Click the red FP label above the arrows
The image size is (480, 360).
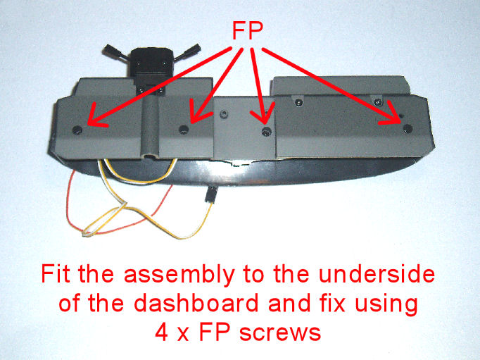pyautogui.click(x=248, y=30)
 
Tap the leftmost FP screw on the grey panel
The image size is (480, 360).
pyautogui.click(x=77, y=130)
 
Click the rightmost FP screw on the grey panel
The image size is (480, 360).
pyautogui.click(x=408, y=128)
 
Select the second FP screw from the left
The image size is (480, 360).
pyautogui.click(x=184, y=130)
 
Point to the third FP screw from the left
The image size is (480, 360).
pyautogui.click(x=267, y=132)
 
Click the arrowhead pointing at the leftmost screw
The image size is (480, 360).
pyautogui.click(x=95, y=117)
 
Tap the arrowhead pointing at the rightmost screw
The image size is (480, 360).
pyautogui.click(x=393, y=115)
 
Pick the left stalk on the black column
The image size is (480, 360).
pyautogui.click(x=116, y=53)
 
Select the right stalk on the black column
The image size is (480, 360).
pyautogui.click(x=187, y=52)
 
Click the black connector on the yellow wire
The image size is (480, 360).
pyautogui.click(x=210, y=194)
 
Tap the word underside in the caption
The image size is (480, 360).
pyautogui.click(x=377, y=273)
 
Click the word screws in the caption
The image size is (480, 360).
pyautogui.click(x=280, y=333)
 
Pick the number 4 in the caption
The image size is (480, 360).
pyautogui.click(x=161, y=332)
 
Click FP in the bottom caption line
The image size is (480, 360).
pyautogui.click(x=214, y=332)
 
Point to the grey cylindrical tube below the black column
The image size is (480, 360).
pyautogui.click(x=150, y=127)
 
